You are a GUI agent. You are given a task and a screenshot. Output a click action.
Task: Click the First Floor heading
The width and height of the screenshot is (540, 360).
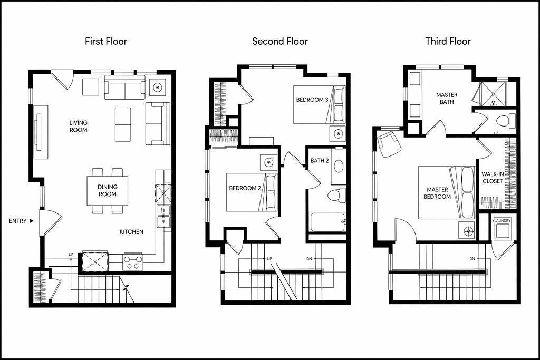click(x=106, y=42)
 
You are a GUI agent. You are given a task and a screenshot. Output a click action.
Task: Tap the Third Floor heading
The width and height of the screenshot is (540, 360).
click(x=448, y=42)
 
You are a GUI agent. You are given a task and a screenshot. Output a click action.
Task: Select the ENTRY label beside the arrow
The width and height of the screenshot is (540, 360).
click(x=18, y=221)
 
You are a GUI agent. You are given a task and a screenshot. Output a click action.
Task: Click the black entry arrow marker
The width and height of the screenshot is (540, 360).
click(x=31, y=221)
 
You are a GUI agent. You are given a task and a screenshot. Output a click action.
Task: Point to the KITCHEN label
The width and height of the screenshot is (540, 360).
click(x=131, y=232)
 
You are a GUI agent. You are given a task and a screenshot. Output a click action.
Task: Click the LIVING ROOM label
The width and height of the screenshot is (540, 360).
click(x=79, y=127)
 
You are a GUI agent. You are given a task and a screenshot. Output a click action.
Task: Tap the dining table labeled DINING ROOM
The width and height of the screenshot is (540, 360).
click(x=108, y=191)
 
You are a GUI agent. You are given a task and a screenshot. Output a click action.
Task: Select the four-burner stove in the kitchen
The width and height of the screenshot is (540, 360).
click(x=133, y=262)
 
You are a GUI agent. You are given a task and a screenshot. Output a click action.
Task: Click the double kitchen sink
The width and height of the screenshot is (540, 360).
click(x=163, y=216)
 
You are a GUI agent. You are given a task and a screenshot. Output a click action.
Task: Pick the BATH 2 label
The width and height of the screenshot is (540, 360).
click(x=320, y=161)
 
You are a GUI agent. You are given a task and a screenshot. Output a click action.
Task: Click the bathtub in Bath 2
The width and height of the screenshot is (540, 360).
click(x=327, y=222)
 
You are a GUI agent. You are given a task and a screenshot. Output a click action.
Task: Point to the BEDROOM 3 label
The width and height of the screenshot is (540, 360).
click(x=312, y=100)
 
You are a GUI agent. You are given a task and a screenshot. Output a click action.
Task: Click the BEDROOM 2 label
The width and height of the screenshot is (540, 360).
click(x=245, y=188)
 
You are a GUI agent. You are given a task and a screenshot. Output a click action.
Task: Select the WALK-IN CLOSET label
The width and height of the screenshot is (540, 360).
click(x=493, y=178)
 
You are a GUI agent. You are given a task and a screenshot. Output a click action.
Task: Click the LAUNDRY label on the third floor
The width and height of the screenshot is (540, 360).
click(x=503, y=221)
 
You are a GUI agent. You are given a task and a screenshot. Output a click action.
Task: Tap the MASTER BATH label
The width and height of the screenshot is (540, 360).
click(x=447, y=99)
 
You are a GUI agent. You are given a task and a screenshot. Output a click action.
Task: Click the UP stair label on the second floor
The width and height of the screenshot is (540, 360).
click(x=269, y=258)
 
